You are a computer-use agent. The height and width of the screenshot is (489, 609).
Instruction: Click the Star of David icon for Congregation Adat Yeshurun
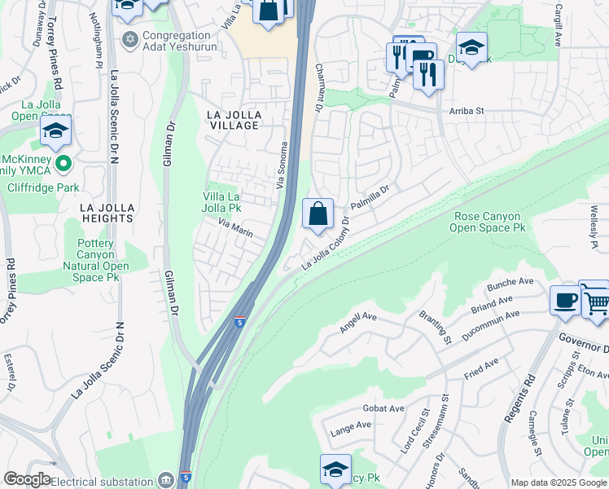tap(129, 39)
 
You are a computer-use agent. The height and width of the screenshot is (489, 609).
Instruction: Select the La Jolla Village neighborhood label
tap(232, 120)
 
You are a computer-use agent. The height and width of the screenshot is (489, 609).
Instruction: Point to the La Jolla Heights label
tap(107, 213)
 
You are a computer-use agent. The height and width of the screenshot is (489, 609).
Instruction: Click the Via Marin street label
tap(235, 227)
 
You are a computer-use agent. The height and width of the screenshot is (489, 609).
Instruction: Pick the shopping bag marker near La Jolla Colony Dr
tap(318, 214)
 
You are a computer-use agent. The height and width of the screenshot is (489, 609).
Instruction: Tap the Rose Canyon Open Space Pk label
tap(488, 222)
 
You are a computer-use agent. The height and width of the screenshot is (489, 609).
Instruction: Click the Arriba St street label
tap(467, 111)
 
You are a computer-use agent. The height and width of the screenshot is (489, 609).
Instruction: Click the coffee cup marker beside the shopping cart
tap(566, 300)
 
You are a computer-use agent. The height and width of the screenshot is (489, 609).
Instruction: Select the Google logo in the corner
tap(27, 479)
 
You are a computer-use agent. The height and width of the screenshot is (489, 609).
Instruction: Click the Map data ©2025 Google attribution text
tap(558, 482)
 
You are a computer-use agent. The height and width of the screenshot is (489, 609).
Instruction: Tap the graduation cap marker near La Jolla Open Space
tap(55, 130)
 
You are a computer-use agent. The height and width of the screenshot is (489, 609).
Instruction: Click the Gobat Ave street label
tap(384, 408)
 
